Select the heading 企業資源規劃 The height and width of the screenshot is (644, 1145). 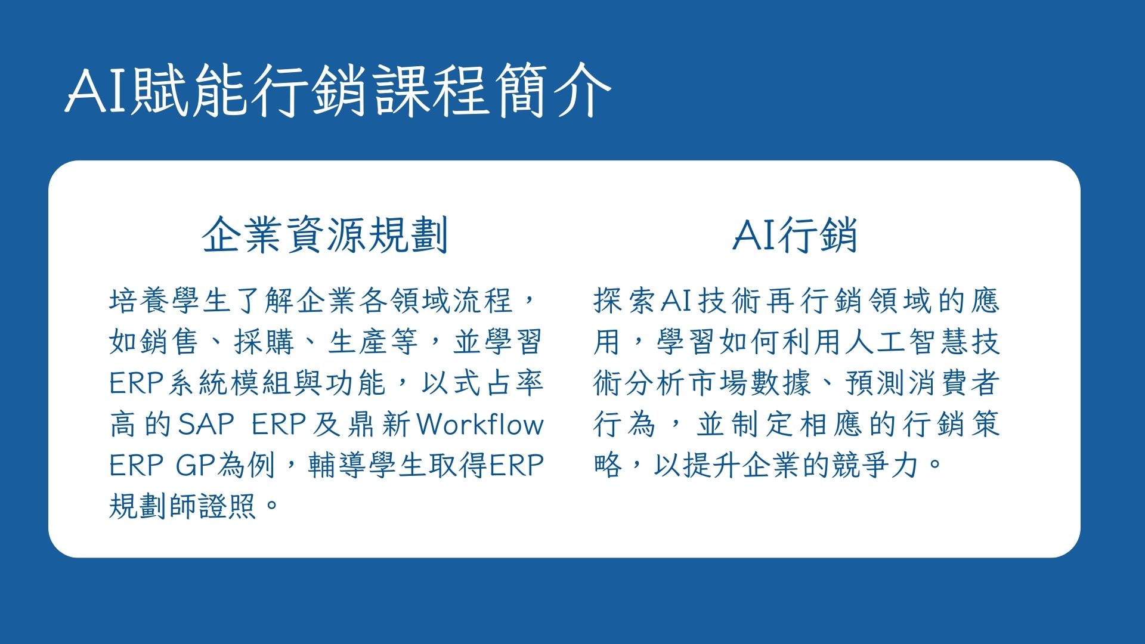tap(325, 235)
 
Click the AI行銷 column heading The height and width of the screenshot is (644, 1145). tap(795, 235)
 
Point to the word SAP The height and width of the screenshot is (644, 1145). tap(206, 425)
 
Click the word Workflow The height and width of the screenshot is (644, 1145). tap(480, 425)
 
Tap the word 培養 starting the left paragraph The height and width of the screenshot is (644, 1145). tap(140, 301)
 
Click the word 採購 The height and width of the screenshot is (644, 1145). tap(264, 342)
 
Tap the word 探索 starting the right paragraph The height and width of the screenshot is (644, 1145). tap(625, 301)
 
